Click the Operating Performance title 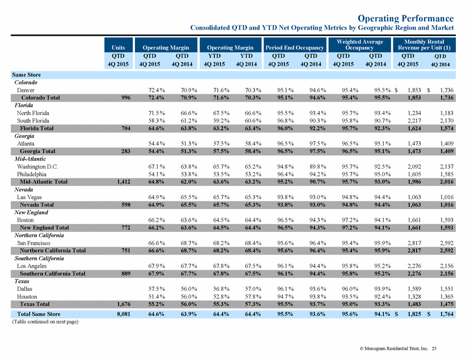[x=406, y=18]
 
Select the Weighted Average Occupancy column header [x=359, y=45]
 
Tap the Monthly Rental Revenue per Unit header [x=424, y=45]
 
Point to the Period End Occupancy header [x=295, y=48]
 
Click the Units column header [x=118, y=48]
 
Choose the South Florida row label [x=33, y=121]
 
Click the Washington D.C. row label [x=37, y=167]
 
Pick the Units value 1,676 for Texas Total [x=124, y=304]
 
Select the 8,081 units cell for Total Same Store [x=124, y=314]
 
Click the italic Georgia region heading [x=24, y=136]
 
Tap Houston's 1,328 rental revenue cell [x=414, y=297]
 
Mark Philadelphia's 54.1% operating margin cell [x=156, y=174]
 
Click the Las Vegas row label [x=29, y=197]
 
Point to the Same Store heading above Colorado [x=27, y=75]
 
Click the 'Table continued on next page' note [x=45, y=321]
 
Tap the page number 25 [x=434, y=349]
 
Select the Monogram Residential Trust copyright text [x=394, y=349]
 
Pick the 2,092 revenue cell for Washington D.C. [x=414, y=167]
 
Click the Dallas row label [x=24, y=289]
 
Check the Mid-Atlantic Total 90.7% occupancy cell [x=317, y=181]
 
